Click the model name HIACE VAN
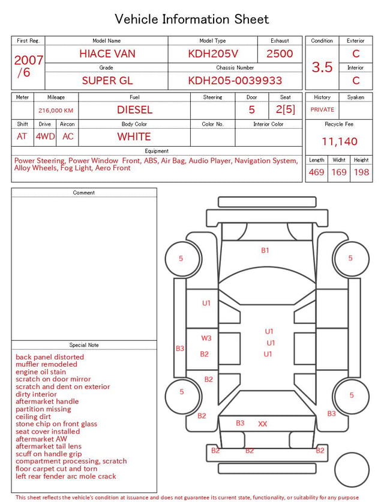point(107,54)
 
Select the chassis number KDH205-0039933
point(235,81)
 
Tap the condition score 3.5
point(322,67)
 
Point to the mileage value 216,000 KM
point(56,111)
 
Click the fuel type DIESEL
point(134,110)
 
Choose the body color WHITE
point(134,136)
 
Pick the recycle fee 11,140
point(339,141)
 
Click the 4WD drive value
point(45,136)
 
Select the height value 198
point(361,172)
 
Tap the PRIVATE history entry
point(322,109)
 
